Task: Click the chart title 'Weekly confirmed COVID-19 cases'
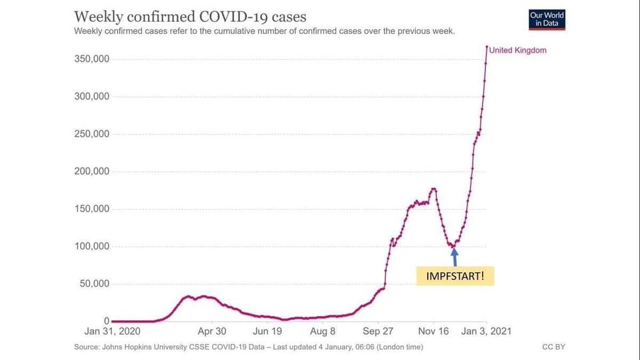[190, 16]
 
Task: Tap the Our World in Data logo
[547, 19]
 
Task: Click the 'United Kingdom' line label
[517, 50]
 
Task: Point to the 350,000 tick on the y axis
[91, 59]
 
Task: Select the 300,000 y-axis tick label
[91, 97]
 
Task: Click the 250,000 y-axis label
[91, 134]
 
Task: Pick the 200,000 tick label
[91, 171]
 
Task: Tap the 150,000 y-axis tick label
[91, 209]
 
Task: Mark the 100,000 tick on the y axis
[91, 247]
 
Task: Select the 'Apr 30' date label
[211, 331]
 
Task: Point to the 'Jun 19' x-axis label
[267, 331]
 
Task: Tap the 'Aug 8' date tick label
[323, 331]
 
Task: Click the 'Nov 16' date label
[433, 331]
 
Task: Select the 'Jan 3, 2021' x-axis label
[487, 331]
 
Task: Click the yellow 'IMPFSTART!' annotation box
[455, 275]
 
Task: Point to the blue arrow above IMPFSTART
[455, 257]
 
